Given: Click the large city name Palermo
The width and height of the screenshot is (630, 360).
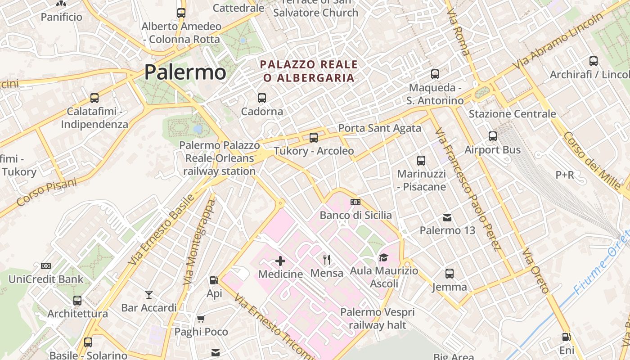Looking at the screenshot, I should tap(185, 72).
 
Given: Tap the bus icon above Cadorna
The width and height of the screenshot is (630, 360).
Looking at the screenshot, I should tap(261, 98).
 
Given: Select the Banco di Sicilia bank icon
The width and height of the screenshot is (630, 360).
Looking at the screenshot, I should tap(355, 202).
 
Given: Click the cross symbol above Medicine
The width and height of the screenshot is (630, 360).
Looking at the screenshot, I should tap(280, 261).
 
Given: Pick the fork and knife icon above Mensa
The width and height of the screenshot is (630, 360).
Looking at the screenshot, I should tap(327, 259).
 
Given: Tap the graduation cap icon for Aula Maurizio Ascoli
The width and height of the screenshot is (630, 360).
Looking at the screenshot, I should tap(383, 257).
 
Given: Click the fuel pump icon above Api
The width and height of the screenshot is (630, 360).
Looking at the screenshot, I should tap(214, 280).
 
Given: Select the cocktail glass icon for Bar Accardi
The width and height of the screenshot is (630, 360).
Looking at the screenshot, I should tap(149, 295).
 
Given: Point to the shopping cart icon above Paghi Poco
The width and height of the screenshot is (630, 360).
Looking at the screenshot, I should tap(201, 319).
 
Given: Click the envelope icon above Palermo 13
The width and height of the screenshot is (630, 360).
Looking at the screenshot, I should tap(447, 218).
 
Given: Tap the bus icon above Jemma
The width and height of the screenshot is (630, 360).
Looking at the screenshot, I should tap(449, 273).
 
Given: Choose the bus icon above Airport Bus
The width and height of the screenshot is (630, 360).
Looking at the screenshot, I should tap(493, 136).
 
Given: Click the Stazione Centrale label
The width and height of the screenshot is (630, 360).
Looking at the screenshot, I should tap(512, 114).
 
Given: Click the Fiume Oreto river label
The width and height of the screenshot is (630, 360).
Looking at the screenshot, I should tap(601, 265).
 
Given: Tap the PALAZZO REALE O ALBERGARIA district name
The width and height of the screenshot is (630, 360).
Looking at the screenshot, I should tap(309, 71).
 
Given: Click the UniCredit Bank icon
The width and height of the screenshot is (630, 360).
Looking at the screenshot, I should tap(46, 266).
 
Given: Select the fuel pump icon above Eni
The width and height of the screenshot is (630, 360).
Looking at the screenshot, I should tap(567, 337).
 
